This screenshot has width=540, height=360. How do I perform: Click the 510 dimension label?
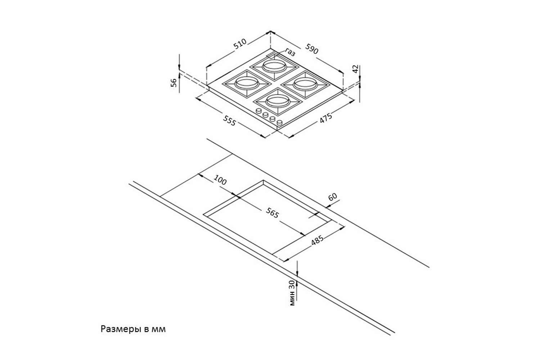[x=240, y=44]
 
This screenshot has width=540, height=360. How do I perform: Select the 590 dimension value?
[x=312, y=49]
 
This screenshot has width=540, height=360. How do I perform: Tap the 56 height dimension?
[x=174, y=82]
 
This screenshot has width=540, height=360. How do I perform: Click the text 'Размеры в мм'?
[x=133, y=329]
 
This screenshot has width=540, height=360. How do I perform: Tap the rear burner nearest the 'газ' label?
[x=274, y=67]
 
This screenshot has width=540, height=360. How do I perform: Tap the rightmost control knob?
[x=279, y=123]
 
